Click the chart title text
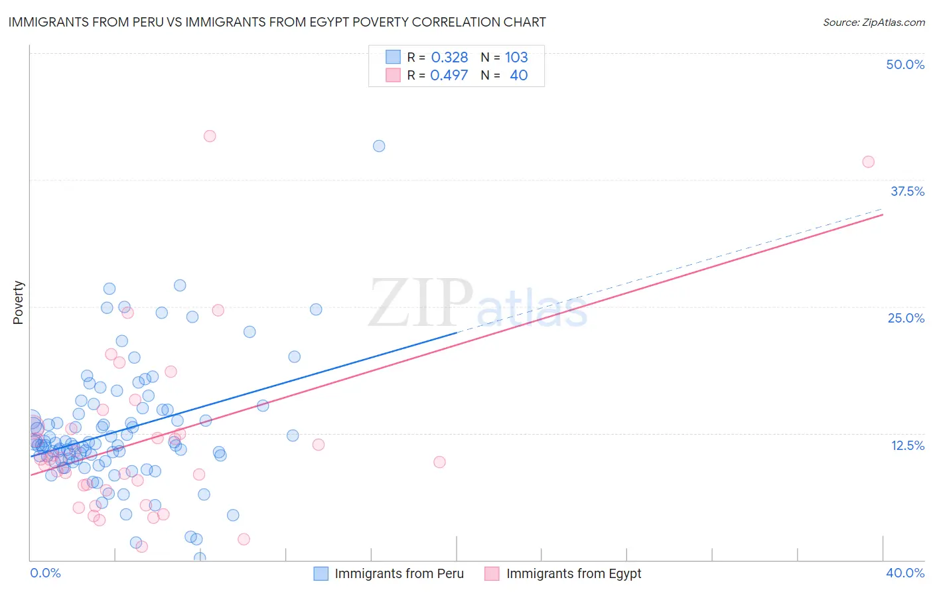tap(277, 22)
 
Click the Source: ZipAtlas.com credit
tap(873, 22)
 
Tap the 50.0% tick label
tap(905, 64)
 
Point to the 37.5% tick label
tap(907, 191)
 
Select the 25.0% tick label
tap(906, 318)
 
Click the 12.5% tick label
tap(907, 445)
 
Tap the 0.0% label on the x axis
tap(45, 573)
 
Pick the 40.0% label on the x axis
tap(905, 573)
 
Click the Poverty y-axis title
tap(18, 303)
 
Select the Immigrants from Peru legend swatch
tap(321, 573)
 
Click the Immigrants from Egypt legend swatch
tap(492, 573)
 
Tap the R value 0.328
tap(449, 58)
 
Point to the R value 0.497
tap(449, 76)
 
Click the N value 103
tap(516, 58)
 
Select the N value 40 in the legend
tap(518, 76)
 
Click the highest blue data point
tap(379, 146)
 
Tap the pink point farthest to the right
tap(868, 162)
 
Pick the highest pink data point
tap(210, 136)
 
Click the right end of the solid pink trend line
tap(883, 214)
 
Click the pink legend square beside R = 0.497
tap(394, 76)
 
